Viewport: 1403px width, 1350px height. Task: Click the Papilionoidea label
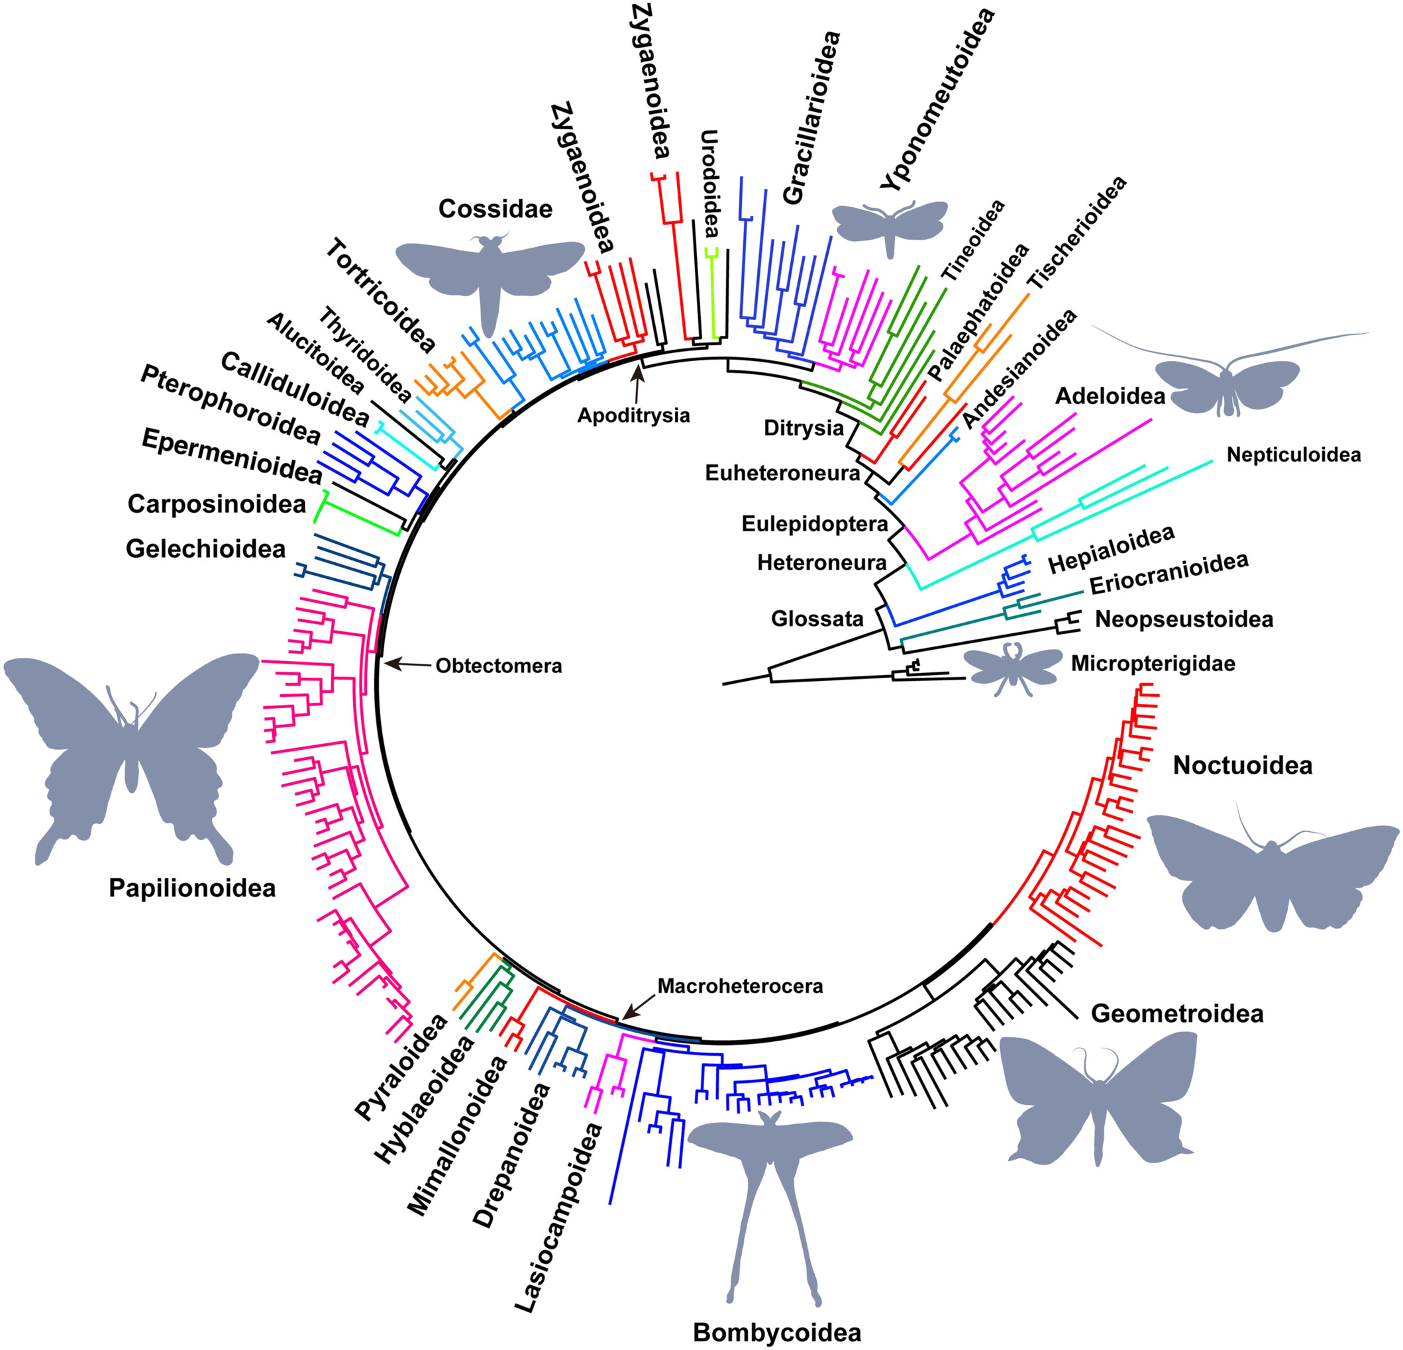click(x=192, y=888)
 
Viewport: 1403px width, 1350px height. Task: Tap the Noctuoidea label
click(x=1243, y=765)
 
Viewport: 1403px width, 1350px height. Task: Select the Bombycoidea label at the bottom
click(x=776, y=1332)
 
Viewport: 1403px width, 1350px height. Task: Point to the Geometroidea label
click(x=1177, y=1013)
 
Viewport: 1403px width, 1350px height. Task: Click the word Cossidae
click(x=495, y=209)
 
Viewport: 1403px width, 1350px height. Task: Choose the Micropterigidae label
click(x=1153, y=664)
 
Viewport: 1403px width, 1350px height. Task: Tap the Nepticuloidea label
click(x=1294, y=454)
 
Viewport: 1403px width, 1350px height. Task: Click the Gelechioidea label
click(x=205, y=549)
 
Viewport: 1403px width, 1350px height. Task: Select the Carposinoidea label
click(x=216, y=504)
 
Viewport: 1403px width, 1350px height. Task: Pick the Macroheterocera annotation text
click(x=740, y=986)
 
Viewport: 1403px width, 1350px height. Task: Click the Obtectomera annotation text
click(x=499, y=666)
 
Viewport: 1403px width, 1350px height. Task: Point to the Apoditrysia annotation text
click(x=633, y=415)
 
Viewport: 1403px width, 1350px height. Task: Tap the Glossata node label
click(x=817, y=619)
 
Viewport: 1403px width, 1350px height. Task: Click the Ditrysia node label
click(x=803, y=428)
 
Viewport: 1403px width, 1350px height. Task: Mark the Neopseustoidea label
click(x=1184, y=619)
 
